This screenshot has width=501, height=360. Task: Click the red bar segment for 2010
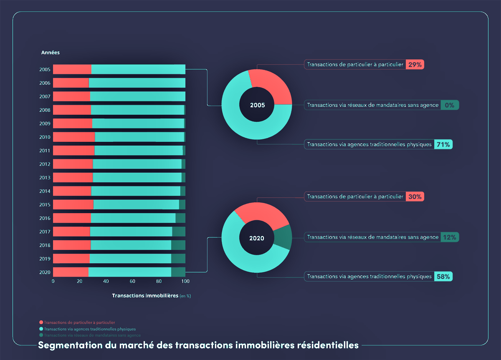[x=74, y=137]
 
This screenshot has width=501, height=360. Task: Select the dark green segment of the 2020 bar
[x=178, y=272]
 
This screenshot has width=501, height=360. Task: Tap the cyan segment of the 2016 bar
[x=133, y=218]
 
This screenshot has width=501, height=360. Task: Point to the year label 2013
[x=45, y=178]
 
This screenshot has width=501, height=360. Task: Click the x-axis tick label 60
[x=132, y=281]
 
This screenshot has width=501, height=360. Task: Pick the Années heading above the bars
[x=51, y=53]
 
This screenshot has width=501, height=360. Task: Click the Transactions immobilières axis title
[x=145, y=295]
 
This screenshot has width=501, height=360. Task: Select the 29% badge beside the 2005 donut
[x=415, y=65]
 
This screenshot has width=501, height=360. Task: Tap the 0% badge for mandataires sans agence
[x=450, y=105]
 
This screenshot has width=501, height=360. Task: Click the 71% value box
[x=443, y=144]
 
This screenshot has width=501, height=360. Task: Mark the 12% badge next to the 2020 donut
[x=450, y=237]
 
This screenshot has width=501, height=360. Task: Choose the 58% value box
[x=443, y=276]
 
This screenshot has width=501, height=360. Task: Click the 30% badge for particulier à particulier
[x=415, y=196]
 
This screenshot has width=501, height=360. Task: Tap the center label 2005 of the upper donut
[x=257, y=105]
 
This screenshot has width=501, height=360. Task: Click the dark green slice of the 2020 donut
[x=283, y=237]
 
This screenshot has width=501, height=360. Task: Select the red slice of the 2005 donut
[x=271, y=86]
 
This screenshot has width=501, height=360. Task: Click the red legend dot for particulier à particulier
[x=41, y=322]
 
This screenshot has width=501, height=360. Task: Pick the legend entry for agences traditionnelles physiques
[x=90, y=329]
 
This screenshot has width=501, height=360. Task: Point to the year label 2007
[x=45, y=96]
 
